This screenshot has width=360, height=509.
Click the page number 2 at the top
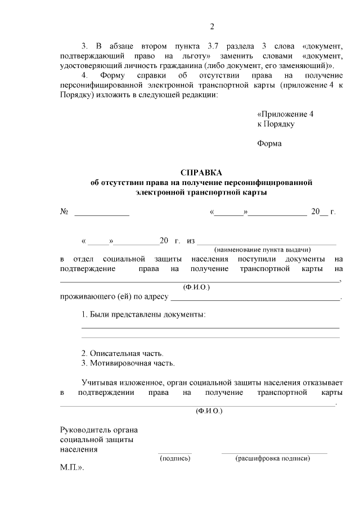tap(212, 26)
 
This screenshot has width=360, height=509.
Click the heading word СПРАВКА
tap(201, 173)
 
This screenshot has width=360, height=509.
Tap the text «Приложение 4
tap(285, 114)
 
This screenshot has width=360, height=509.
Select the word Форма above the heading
tap(269, 143)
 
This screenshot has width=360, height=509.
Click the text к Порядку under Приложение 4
tap(276, 124)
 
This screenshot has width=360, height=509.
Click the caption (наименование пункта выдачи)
tap(263, 249)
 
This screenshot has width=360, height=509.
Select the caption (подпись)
tap(175, 458)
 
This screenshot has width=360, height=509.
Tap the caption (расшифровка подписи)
tap(273, 458)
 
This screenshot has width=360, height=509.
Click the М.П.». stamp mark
tap(72, 467)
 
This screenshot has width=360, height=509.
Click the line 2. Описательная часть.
tap(122, 353)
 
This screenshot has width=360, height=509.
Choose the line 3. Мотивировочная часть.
tap(128, 363)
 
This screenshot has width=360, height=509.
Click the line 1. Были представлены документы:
tap(143, 314)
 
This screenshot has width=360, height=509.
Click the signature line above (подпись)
tap(174, 452)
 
